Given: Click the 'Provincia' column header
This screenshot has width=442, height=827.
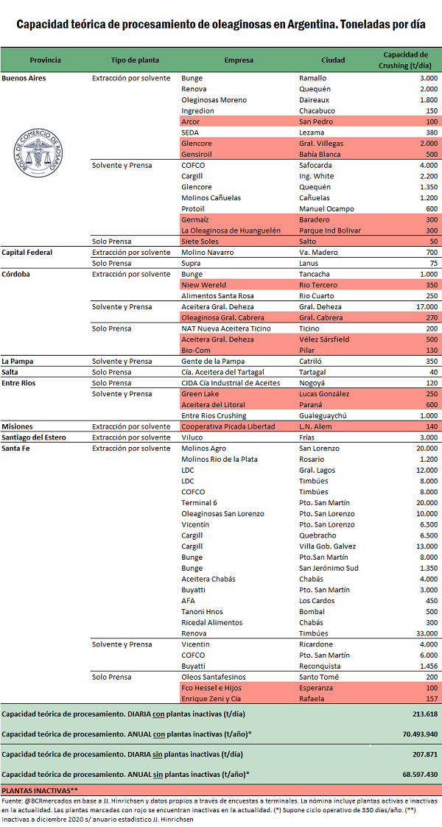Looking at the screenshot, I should click(45, 60).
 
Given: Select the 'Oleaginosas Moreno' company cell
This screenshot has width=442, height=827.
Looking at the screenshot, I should click(214, 99).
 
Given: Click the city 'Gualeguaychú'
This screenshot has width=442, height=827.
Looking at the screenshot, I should click(325, 415).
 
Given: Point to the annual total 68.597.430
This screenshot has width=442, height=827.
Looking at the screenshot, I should click(416, 774).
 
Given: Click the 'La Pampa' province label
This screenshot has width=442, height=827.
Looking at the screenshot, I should click(19, 361).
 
